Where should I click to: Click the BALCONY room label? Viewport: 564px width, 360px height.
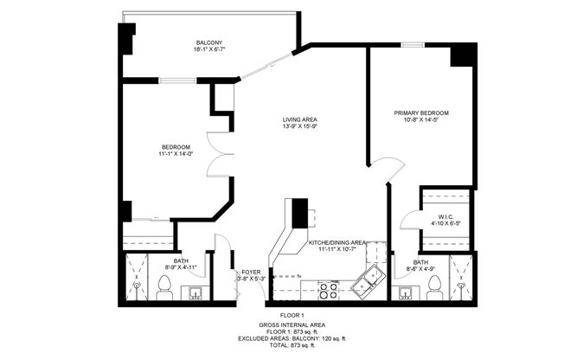pos(208,43)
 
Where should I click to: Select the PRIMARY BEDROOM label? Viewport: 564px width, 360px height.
pos(421,113)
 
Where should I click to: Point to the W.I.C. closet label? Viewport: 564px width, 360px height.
pos(445,217)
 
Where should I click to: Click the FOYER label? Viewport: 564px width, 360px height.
pos(251,271)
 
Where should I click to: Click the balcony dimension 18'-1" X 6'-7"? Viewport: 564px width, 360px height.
pos(208,51)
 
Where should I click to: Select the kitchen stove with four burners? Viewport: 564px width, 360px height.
pos(329,289)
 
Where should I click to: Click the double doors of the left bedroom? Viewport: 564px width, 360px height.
pos(221,156)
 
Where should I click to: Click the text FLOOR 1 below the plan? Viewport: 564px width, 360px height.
pos(292,315)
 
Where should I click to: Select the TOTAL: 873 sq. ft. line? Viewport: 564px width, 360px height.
pos(292,344)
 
